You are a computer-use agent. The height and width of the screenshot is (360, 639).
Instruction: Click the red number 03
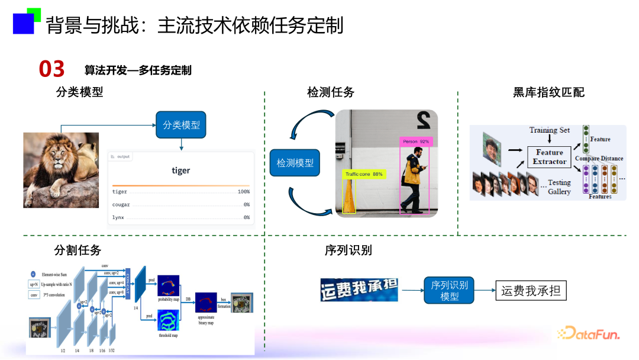[x=51, y=70]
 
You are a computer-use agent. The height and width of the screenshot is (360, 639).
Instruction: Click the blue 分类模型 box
[x=181, y=125]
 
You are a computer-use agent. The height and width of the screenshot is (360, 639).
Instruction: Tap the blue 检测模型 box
[x=295, y=163]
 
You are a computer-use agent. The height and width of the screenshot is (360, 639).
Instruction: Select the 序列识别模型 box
[x=449, y=290]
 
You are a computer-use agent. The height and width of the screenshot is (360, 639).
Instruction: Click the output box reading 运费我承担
[x=531, y=291]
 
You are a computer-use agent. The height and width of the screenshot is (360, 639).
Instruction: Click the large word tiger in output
[x=180, y=171]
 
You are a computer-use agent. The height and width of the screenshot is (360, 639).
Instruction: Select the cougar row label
[x=121, y=205]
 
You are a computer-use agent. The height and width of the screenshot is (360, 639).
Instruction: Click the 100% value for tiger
[x=243, y=192]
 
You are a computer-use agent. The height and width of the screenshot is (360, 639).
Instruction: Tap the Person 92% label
[x=416, y=142]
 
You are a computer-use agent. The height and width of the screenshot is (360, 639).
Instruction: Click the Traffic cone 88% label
[x=364, y=174]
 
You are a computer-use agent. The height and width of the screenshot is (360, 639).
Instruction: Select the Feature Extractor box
[x=549, y=157]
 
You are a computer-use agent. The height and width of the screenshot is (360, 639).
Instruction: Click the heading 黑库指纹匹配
[x=548, y=92]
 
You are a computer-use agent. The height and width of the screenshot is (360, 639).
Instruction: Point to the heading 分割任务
[x=77, y=250]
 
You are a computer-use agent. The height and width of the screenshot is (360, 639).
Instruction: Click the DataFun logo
[x=588, y=334]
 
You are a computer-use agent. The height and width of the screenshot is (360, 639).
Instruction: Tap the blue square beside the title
[x=24, y=23]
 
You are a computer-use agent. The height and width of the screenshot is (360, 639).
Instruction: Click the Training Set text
[x=550, y=130]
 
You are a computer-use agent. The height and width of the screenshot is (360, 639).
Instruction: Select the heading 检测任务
[x=331, y=92]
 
